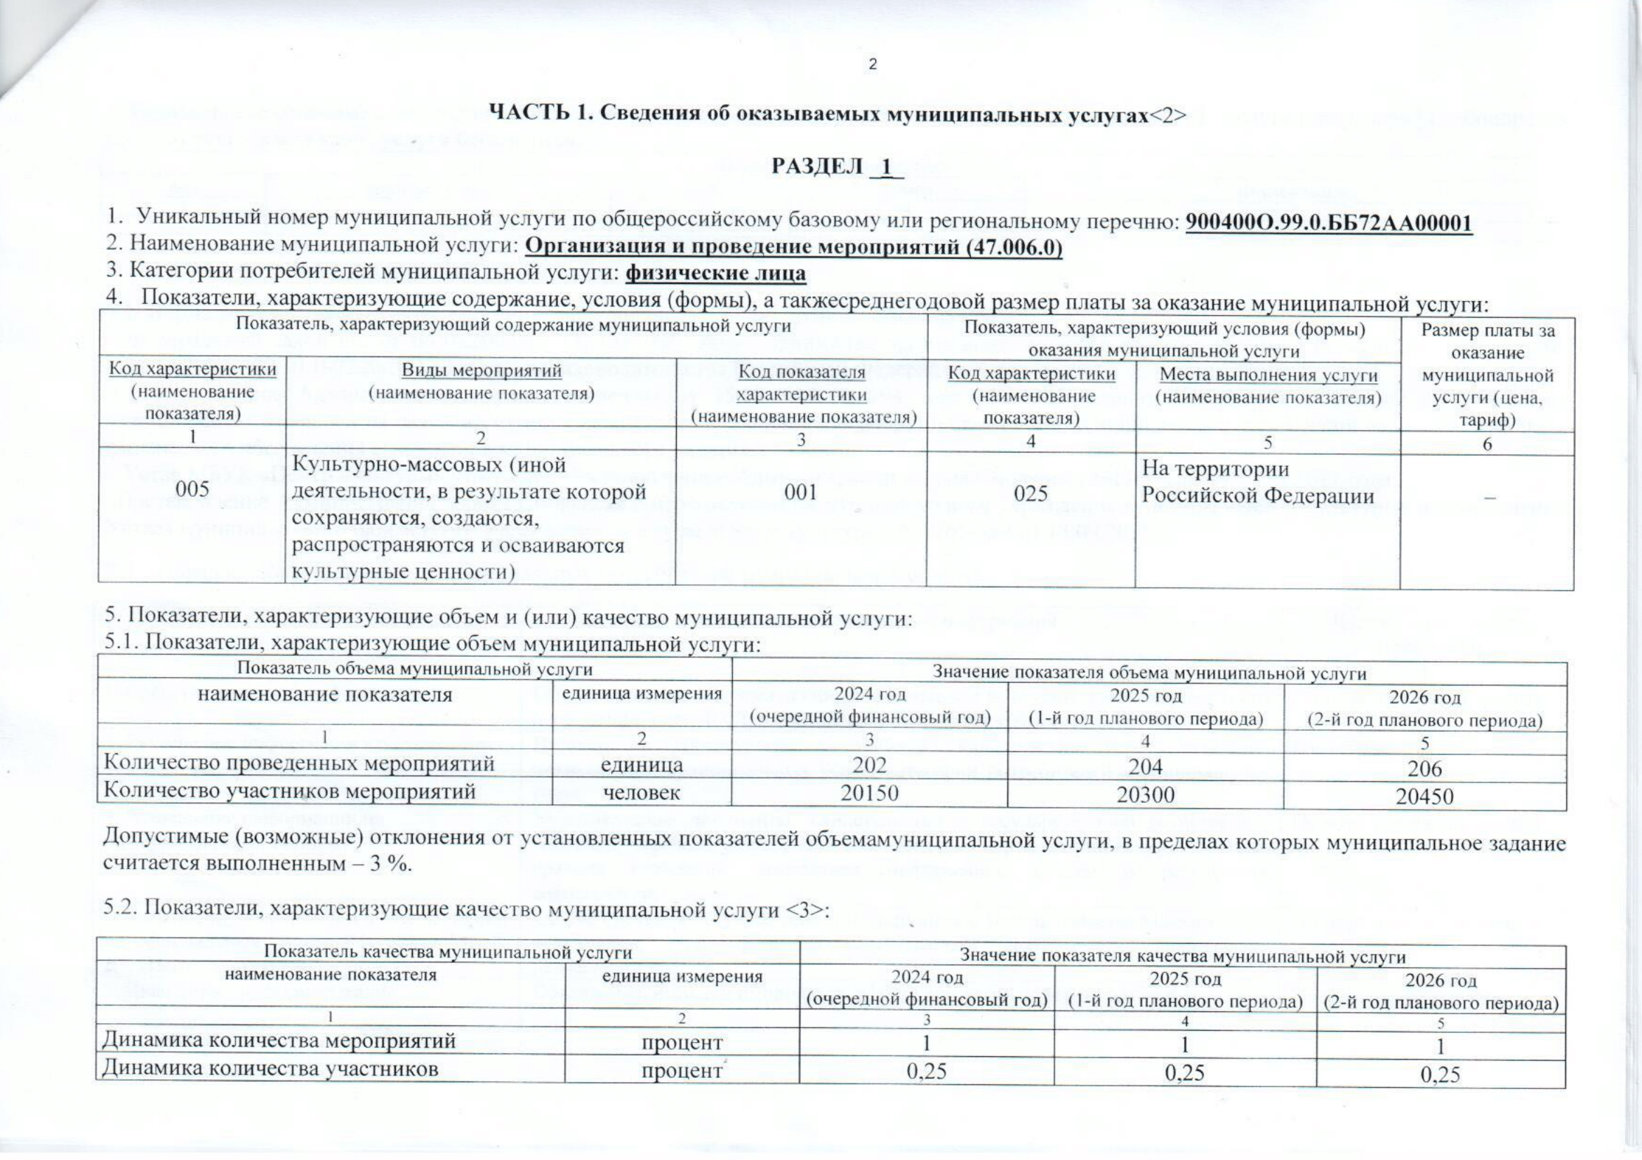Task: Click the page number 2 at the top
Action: point(872,65)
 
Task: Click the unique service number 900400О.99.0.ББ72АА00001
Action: point(1328,223)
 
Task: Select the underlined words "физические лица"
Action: point(715,273)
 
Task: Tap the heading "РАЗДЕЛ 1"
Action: point(837,166)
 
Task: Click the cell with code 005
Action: point(192,491)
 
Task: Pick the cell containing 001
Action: point(801,493)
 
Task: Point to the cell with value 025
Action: point(1031,493)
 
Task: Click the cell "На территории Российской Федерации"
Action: point(1257,482)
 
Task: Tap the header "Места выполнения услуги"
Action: point(1268,375)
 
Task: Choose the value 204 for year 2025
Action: point(1145,766)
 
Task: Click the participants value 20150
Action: point(869,792)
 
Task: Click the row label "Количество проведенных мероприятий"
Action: point(299,764)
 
